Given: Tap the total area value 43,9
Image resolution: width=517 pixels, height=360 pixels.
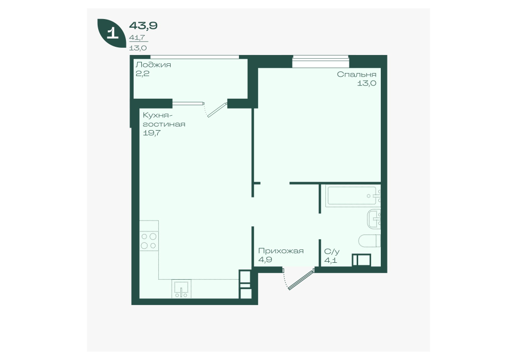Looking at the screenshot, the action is pyautogui.click(x=143, y=25).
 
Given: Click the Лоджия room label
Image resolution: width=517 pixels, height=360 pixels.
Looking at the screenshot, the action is pyautogui.click(x=153, y=65).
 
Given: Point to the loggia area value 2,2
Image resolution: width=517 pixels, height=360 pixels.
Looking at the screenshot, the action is pyautogui.click(x=142, y=73).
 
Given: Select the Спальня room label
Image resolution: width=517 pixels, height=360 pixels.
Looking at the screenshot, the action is pyautogui.click(x=357, y=74).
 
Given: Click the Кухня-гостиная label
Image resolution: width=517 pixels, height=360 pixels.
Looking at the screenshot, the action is pyautogui.click(x=164, y=120).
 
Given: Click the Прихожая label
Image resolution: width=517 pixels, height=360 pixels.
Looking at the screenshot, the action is pyautogui.click(x=281, y=251).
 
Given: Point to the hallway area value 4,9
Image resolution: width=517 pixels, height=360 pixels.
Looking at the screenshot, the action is pyautogui.click(x=265, y=260).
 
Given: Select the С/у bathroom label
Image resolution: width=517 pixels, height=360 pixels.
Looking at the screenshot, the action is pyautogui.click(x=331, y=251).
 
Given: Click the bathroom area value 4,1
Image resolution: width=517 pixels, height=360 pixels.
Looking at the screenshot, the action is pyautogui.click(x=331, y=260).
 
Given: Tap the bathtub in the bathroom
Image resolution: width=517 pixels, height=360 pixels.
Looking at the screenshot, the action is pyautogui.click(x=352, y=196).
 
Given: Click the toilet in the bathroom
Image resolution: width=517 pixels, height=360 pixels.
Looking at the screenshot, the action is pyautogui.click(x=370, y=241).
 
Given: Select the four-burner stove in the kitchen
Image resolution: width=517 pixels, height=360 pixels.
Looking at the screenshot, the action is pyautogui.click(x=149, y=241).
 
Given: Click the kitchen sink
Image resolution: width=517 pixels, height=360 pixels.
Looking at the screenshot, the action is pyautogui.click(x=181, y=289).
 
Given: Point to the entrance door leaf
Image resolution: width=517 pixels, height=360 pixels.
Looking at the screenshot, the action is pyautogui.click(x=301, y=280).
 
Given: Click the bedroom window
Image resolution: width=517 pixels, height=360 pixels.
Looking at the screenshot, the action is pyautogui.click(x=321, y=60).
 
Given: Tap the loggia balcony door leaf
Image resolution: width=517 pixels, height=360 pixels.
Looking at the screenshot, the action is pyautogui.click(x=217, y=110).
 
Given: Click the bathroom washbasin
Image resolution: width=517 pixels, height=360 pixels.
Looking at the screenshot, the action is pyautogui.click(x=374, y=219).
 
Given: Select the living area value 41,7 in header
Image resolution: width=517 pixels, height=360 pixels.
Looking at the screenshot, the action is pyautogui.click(x=137, y=38).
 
